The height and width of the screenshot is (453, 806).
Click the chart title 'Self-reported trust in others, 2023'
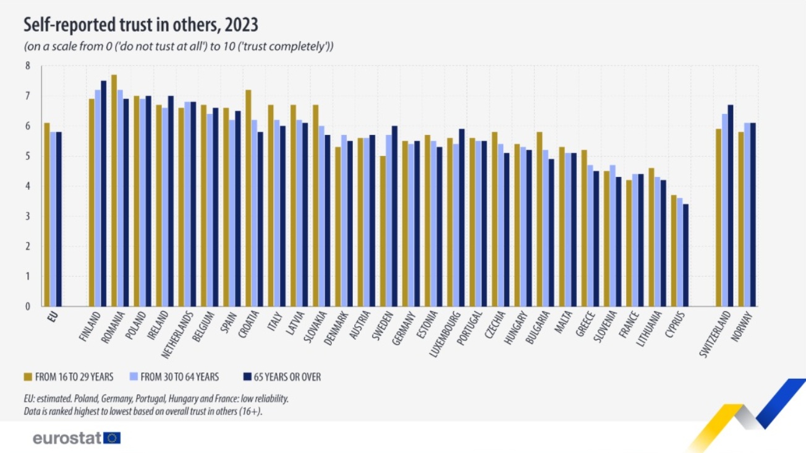(x=140, y=25)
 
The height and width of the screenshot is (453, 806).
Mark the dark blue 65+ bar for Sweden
(x=394, y=216)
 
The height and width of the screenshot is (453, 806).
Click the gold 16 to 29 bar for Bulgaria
(x=540, y=219)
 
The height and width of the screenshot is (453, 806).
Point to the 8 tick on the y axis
(x=27, y=66)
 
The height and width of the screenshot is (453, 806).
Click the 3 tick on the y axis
(x=27, y=216)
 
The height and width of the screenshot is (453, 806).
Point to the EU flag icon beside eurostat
(x=112, y=438)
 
